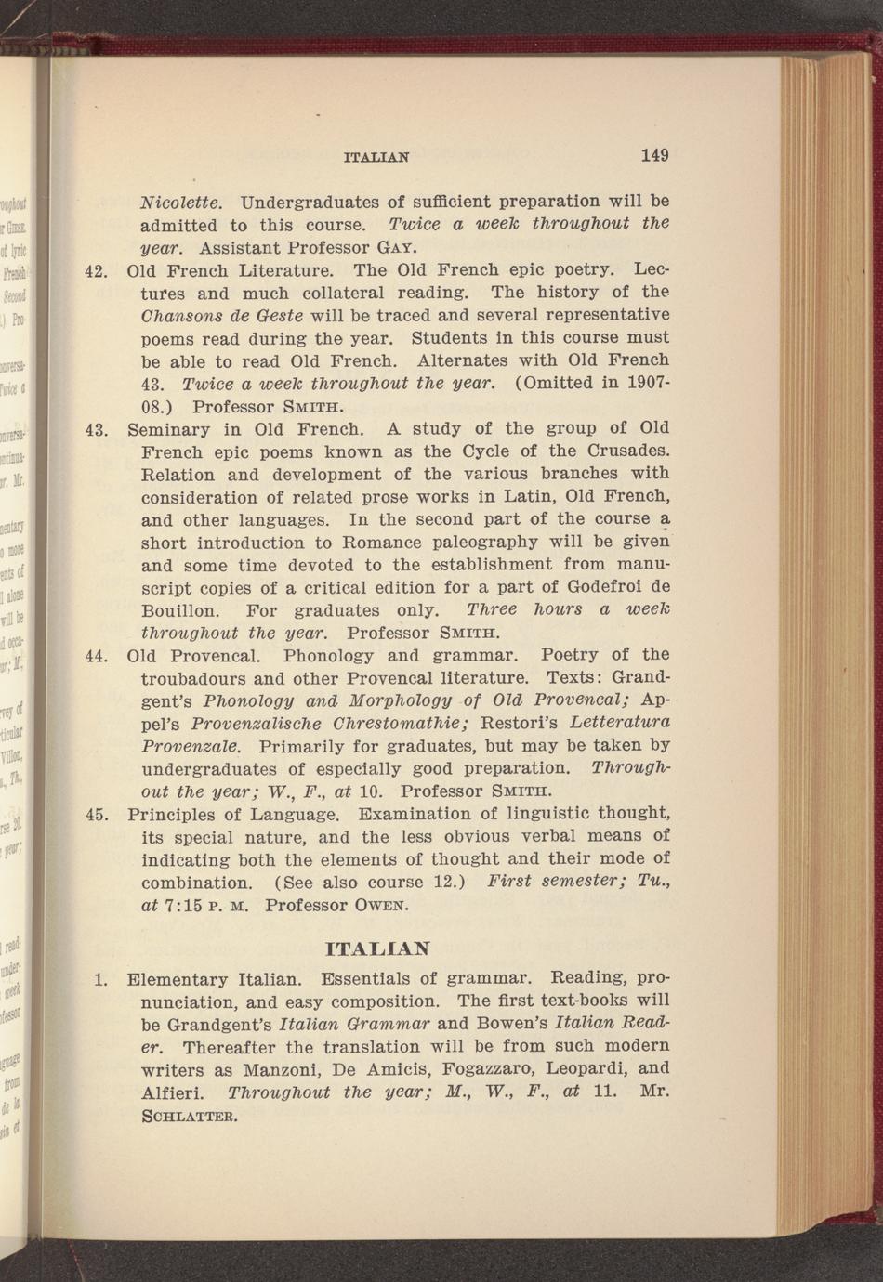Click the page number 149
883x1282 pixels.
pyautogui.click(x=654, y=155)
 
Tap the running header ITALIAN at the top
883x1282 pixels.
pyautogui.click(x=376, y=158)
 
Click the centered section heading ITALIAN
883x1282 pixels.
pyautogui.click(x=378, y=949)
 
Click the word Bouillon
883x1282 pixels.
pyautogui.click(x=180, y=611)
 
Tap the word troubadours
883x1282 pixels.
pyautogui.click(x=193, y=678)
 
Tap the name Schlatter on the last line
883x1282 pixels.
pyautogui.click(x=190, y=1115)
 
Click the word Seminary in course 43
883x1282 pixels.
pyautogui.click(x=168, y=430)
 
